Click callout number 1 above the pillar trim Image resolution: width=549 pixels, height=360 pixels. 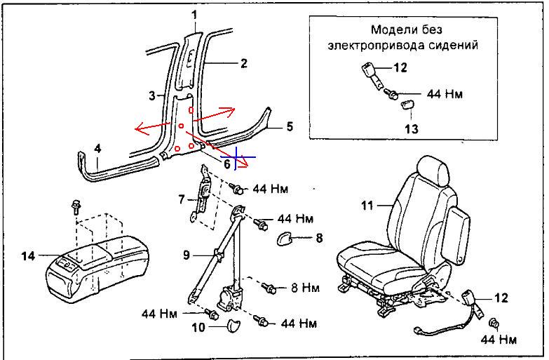point(195,14)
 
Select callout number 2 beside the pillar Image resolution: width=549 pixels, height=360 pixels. point(244,64)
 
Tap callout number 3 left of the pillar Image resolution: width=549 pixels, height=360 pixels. point(151,95)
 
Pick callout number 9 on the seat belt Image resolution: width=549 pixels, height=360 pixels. point(187,255)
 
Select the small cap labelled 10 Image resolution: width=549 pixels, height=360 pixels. point(233,325)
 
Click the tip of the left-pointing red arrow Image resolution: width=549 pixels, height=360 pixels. point(136,129)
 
